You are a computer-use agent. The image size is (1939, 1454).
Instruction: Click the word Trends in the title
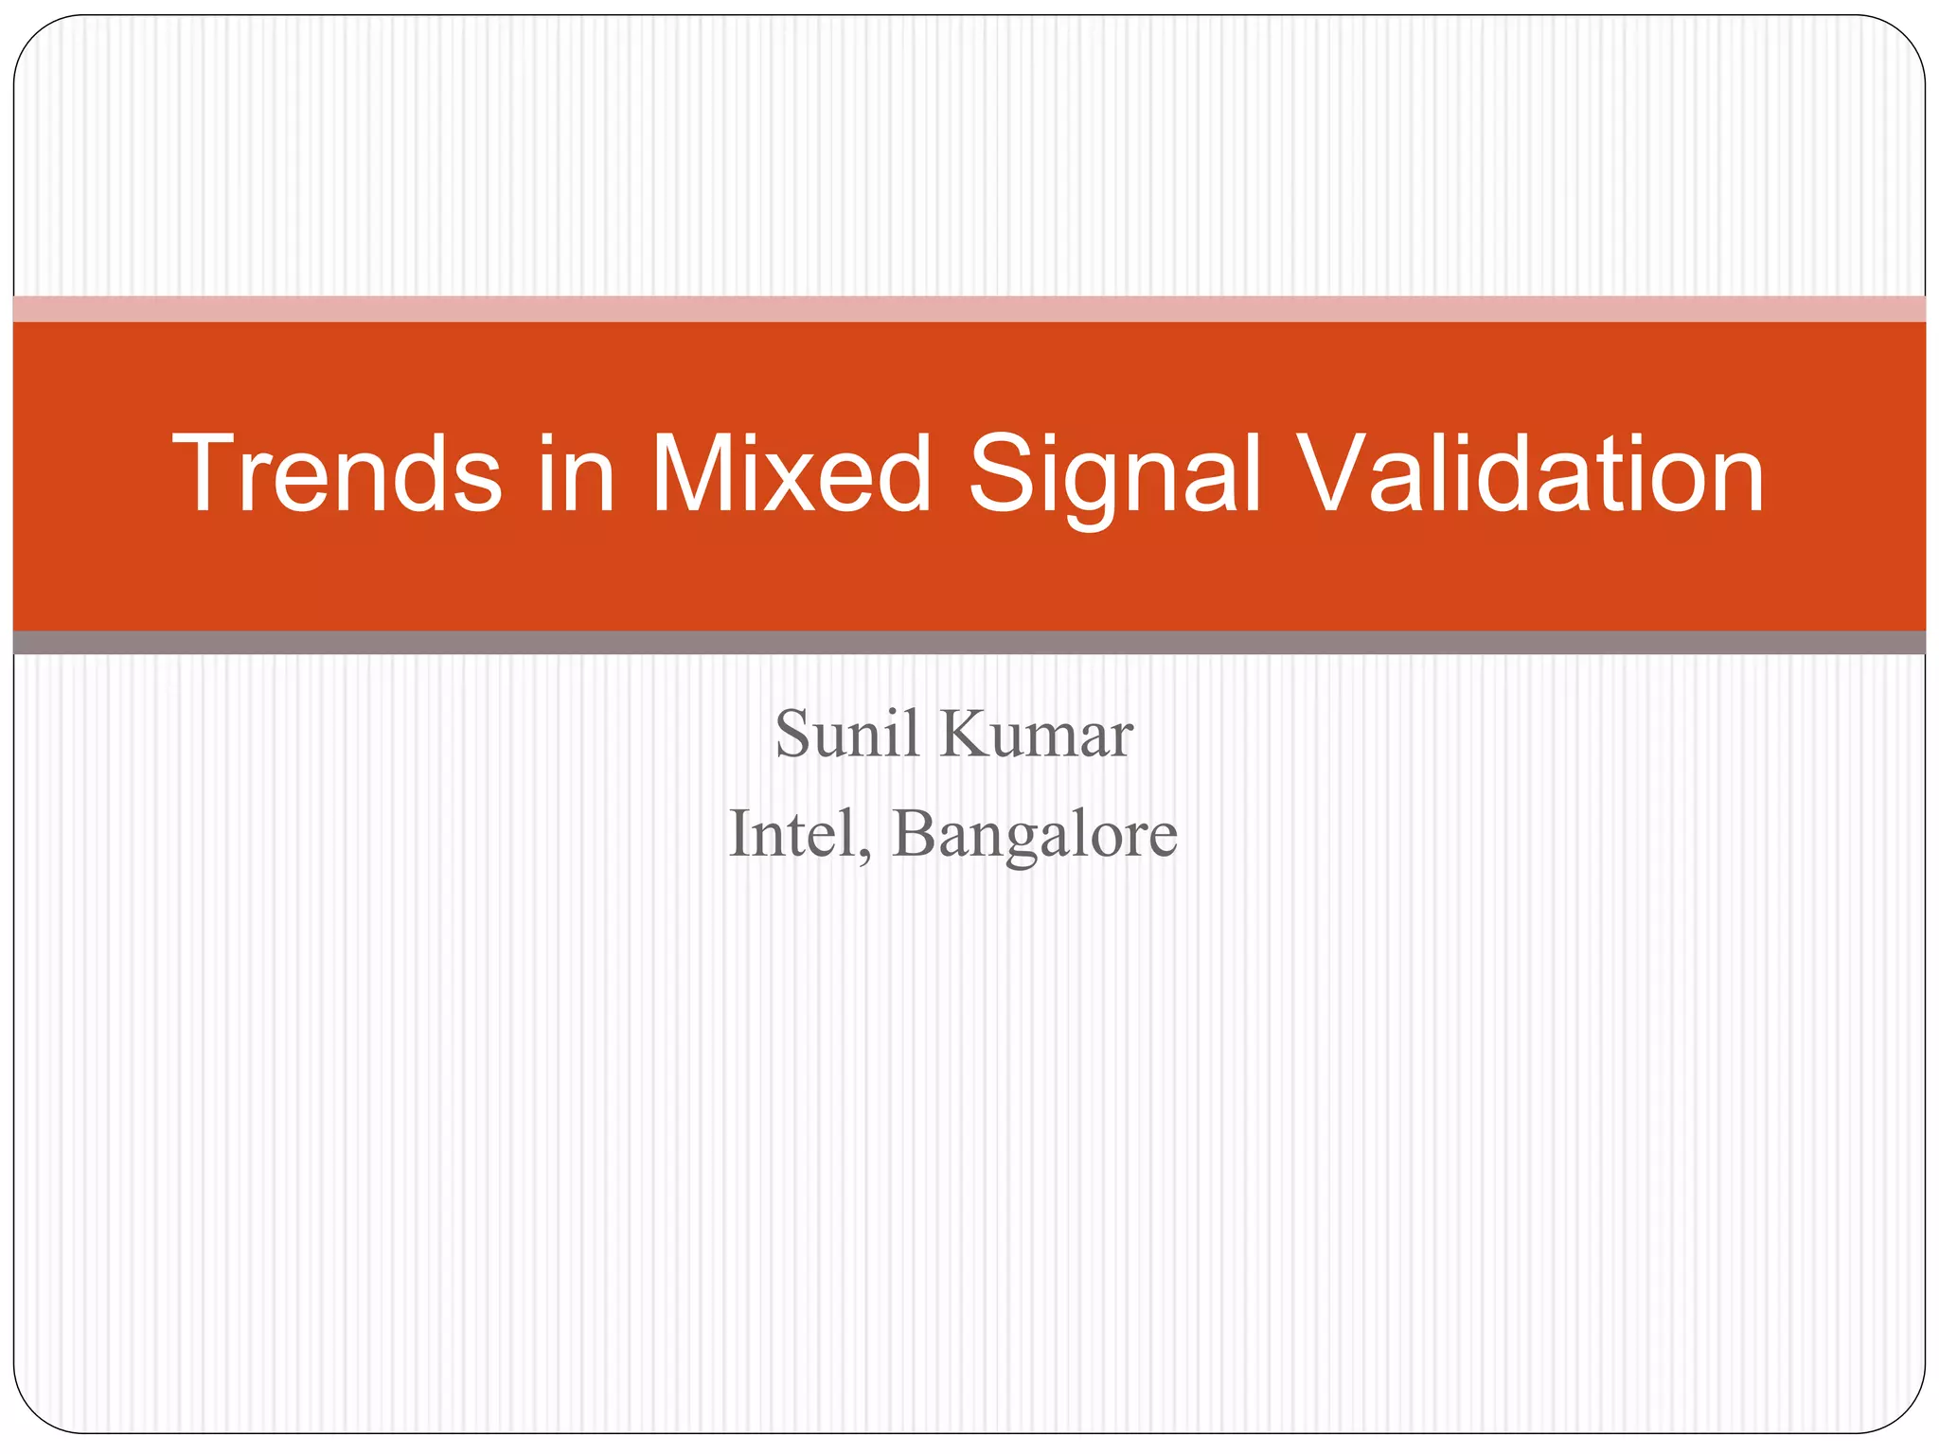[337, 473]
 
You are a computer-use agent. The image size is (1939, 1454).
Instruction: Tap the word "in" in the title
[577, 473]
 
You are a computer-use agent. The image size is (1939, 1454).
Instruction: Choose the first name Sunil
[847, 735]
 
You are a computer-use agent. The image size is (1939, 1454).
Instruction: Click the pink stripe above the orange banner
[969, 309]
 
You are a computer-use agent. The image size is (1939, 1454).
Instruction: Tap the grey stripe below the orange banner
[969, 643]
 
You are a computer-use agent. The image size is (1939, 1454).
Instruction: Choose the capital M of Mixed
[693, 473]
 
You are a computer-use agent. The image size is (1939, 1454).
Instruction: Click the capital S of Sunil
[793, 735]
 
